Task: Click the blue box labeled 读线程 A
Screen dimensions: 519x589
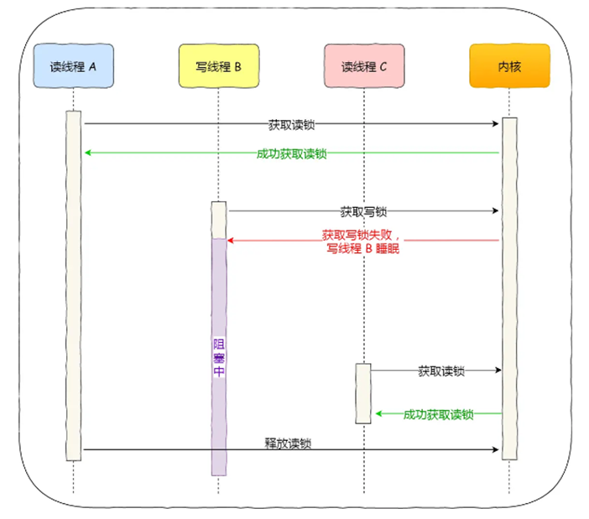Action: pyautogui.click(x=73, y=66)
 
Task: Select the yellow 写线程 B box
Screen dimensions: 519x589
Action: pyautogui.click(x=218, y=66)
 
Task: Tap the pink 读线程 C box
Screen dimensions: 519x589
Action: pyautogui.click(x=364, y=66)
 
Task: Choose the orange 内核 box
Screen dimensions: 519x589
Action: pyautogui.click(x=509, y=66)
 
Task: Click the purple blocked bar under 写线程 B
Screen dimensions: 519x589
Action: pyautogui.click(x=218, y=402)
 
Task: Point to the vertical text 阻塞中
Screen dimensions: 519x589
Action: pyautogui.click(x=218, y=357)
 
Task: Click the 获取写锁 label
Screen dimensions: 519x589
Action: pyautogui.click(x=363, y=212)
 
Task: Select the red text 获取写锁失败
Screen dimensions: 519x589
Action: pyautogui.click(x=362, y=236)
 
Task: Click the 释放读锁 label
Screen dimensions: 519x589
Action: pyautogui.click(x=291, y=443)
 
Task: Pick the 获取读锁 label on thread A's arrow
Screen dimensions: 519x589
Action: pyautogui.click(x=291, y=123)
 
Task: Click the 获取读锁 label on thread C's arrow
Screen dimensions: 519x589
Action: pyautogui.click(x=441, y=371)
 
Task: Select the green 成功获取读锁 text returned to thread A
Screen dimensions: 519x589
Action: pyautogui.click(x=291, y=153)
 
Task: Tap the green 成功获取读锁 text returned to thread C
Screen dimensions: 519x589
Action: pyautogui.click(x=438, y=414)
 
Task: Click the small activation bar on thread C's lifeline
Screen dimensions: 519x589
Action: pyautogui.click(x=362, y=392)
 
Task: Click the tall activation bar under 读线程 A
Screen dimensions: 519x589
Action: pyautogui.click(x=73, y=285)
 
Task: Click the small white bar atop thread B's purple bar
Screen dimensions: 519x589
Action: pyautogui.click(x=218, y=220)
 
